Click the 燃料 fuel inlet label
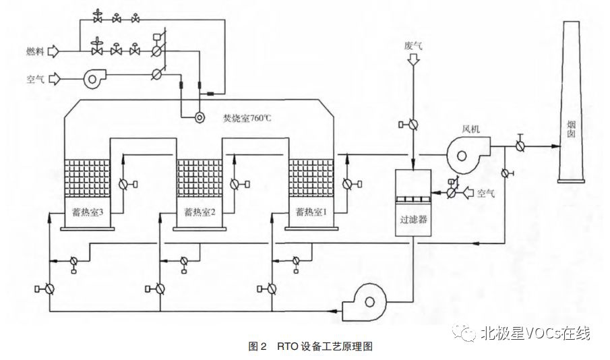(x=35, y=51)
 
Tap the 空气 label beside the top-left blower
(x=35, y=78)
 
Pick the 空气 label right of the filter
(x=486, y=193)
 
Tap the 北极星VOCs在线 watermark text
(x=535, y=332)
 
